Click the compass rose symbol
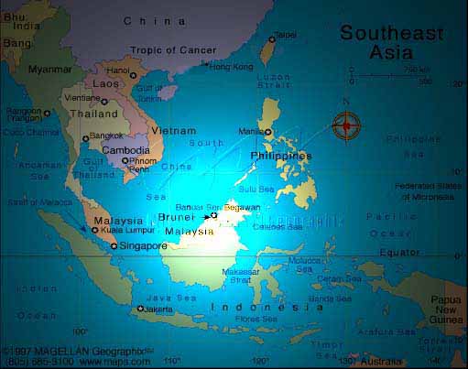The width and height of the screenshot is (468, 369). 347,125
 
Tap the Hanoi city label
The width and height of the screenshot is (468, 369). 93,71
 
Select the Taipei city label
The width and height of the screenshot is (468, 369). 286,35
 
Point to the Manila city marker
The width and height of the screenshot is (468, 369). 268,132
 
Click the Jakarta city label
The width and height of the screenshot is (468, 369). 158,309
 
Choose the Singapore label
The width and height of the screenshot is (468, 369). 143,245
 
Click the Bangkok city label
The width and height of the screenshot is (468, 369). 105,136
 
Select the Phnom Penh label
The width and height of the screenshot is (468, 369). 139,165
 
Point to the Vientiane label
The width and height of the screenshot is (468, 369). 82,97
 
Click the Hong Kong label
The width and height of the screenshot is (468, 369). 231,66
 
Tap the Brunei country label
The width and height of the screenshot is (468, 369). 176,217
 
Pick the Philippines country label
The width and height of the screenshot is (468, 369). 281,156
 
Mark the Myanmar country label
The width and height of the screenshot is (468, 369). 50,69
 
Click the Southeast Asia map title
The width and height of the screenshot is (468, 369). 390,42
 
